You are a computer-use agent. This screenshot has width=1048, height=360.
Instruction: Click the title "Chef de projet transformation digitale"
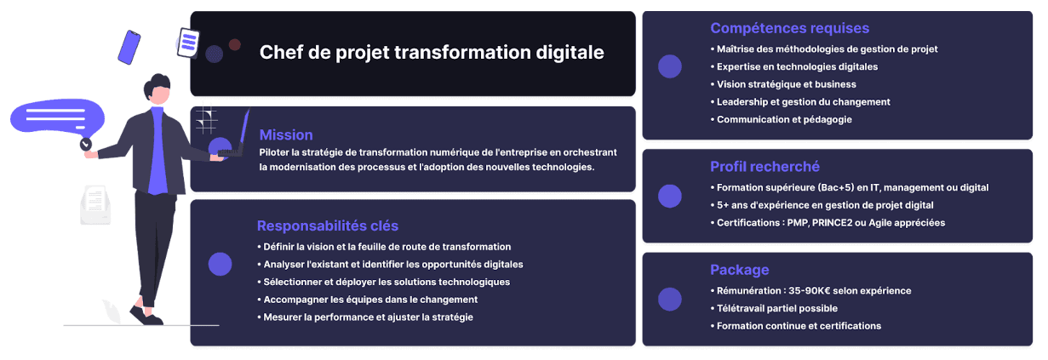point(432,53)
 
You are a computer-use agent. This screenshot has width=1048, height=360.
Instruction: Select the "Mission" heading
point(286,134)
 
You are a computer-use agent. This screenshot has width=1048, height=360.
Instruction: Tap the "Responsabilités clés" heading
point(328,226)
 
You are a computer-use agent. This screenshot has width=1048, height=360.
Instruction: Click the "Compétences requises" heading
point(789,28)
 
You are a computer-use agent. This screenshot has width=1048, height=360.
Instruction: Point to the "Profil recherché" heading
point(765,166)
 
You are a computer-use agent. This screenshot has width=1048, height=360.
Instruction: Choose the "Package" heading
point(739,270)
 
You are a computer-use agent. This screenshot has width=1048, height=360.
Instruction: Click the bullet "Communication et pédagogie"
point(784,119)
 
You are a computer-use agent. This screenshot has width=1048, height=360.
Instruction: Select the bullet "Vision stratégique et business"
point(786,84)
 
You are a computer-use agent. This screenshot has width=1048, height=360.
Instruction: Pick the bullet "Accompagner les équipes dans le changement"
point(370,300)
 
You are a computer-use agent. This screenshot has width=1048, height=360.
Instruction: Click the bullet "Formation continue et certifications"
point(799,326)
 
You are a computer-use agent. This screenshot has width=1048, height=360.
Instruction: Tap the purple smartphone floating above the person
point(129,47)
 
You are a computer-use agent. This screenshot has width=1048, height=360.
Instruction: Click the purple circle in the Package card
point(670,299)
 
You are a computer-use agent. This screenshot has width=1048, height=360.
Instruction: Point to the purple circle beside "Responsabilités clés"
point(220,264)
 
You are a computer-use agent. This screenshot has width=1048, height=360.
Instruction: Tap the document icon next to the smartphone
point(188,42)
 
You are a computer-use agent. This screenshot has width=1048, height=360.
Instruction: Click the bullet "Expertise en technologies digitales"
point(797,66)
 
